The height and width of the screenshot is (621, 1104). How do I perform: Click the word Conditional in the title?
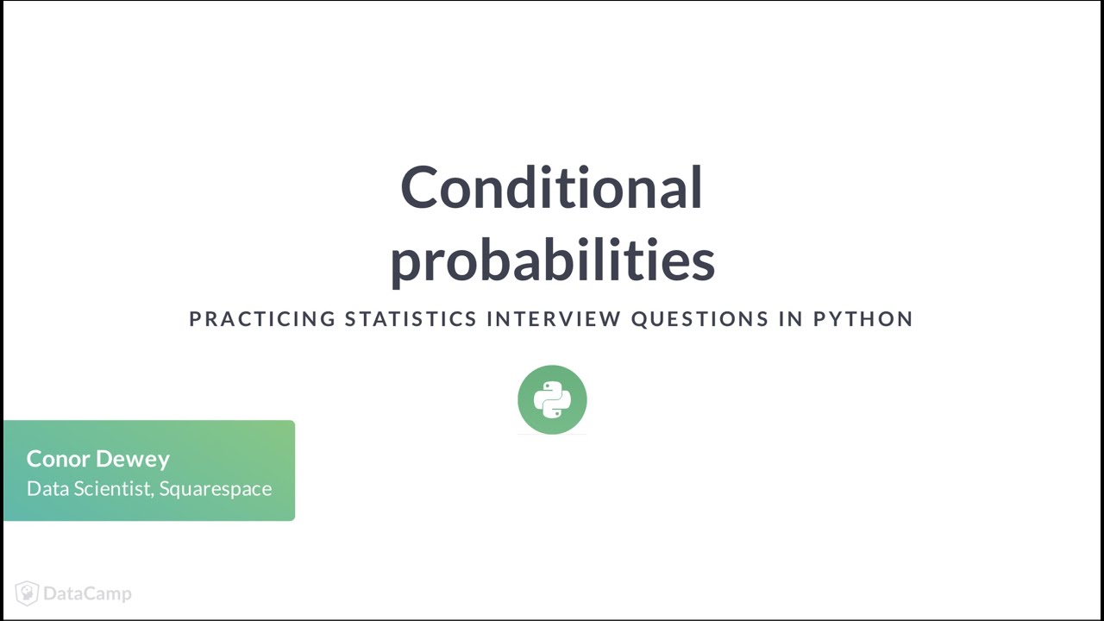(551, 187)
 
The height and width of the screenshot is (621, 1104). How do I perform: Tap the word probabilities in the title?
(552, 260)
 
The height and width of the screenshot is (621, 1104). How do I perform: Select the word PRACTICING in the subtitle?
(262, 319)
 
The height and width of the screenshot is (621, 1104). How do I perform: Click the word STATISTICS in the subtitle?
(411, 319)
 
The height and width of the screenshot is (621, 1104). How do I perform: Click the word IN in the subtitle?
(791, 319)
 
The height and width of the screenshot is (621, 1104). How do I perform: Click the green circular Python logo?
(552, 399)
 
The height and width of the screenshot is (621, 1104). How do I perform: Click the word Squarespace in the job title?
(216, 489)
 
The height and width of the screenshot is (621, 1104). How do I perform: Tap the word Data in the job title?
(45, 488)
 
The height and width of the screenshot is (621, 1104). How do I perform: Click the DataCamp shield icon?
(27, 593)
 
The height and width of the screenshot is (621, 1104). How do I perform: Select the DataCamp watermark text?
(87, 593)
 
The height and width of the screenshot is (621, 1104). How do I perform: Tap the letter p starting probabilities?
(405, 264)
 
